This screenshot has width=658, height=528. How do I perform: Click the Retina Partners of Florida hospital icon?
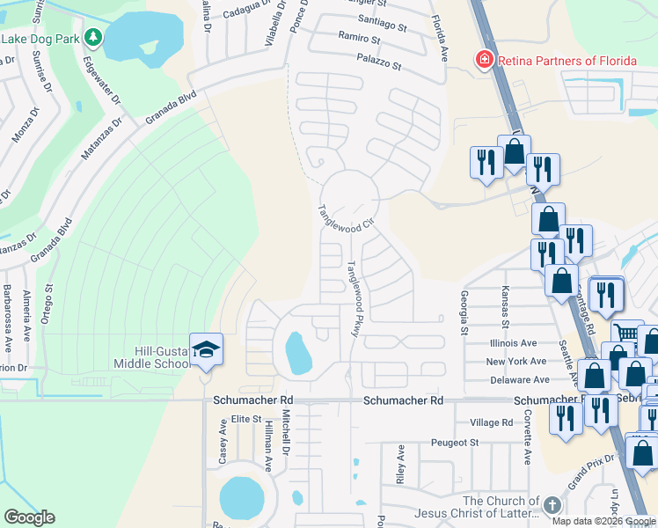tap(483, 60)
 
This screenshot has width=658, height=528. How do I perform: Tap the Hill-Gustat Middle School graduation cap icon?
tap(206, 350)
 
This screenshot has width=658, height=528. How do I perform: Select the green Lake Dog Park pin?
tap(92, 39)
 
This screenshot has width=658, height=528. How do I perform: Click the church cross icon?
tap(552, 505)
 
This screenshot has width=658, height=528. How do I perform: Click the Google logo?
tap(29, 517)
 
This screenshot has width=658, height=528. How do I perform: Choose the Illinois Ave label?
tap(511, 343)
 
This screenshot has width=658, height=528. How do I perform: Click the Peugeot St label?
tap(455, 443)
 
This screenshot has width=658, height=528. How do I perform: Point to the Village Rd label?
tap(491, 422)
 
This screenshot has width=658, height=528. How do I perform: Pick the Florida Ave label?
tap(439, 37)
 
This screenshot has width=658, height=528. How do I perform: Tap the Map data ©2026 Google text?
tap(603, 521)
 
